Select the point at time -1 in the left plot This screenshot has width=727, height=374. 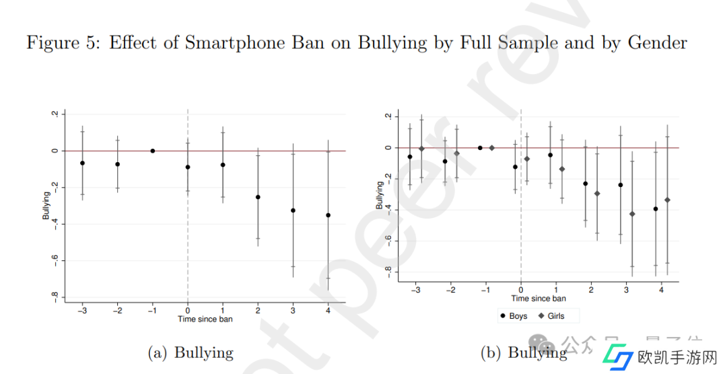point(153,151)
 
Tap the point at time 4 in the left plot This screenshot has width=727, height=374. point(328,215)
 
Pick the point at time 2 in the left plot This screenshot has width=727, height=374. point(258,197)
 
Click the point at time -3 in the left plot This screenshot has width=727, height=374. point(82,163)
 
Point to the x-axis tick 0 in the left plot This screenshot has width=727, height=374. point(188,311)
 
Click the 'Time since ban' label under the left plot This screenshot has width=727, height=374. point(205,319)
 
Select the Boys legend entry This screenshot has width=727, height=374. point(514,315)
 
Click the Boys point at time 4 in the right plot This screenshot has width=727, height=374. point(655,209)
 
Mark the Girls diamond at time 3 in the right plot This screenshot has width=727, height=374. point(632,214)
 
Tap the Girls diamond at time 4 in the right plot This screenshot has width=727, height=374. point(667,200)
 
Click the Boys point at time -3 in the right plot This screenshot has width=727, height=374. point(410,157)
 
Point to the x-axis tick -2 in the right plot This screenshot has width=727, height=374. point(451,290)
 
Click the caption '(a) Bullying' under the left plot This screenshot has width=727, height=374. point(191,352)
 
